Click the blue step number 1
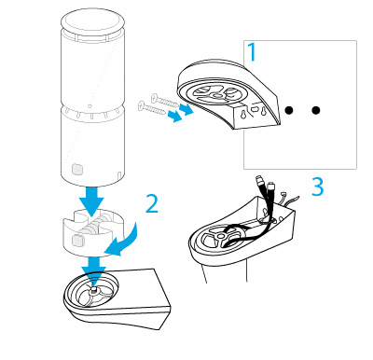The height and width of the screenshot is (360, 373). coord(252,52)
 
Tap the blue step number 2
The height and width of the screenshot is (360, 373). coord(152,204)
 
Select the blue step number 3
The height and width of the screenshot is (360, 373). coord(318,187)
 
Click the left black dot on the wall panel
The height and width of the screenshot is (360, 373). coord(289,110)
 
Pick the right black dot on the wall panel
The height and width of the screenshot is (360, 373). coord(316,110)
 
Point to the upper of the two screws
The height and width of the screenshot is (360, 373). coord(165,101)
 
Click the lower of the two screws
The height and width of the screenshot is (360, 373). coord(152,108)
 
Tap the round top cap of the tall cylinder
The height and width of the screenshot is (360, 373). coord(92,21)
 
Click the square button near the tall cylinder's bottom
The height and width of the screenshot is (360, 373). coord(77,170)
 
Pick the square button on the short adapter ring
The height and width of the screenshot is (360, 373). coord(77,241)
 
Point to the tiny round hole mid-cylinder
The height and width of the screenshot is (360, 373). coord(90,106)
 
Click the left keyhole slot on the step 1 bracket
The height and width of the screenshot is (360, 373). coord(242,114)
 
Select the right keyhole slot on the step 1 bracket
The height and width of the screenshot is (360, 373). coord(264,111)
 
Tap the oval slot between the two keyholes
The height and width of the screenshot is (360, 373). coord(255,109)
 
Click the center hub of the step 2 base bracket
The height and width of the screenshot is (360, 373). coord(93,291)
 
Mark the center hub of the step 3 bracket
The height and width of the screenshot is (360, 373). coord(222,236)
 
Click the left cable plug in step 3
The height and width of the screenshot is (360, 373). coord(260,181)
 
